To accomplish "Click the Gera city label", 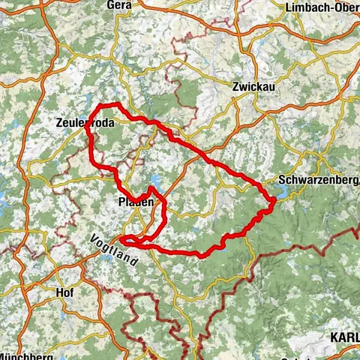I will tap(120, 5).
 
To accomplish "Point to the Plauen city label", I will tap(136, 202).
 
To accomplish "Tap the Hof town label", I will tap(64, 292).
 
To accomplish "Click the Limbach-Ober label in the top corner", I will tap(322, 7).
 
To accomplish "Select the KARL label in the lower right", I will tap(344, 338).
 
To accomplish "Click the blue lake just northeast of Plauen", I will tap(155, 181).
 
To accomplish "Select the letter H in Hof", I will tap(58, 292).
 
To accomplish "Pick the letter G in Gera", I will tap(111, 5).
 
